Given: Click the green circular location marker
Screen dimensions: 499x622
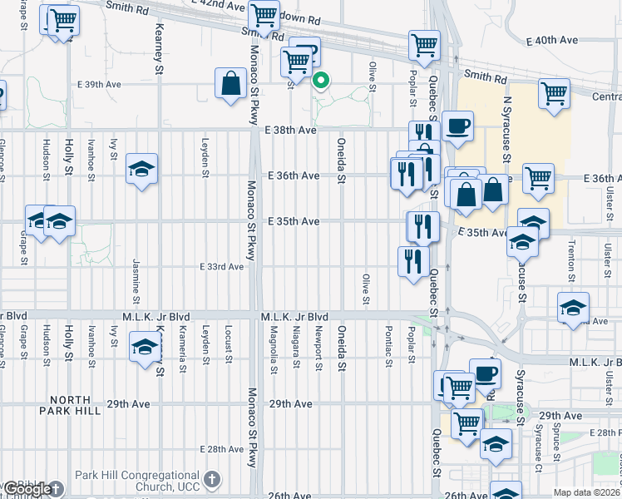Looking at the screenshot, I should coord(321,81).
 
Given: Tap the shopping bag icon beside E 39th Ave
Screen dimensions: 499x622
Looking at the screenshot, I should coord(230,84).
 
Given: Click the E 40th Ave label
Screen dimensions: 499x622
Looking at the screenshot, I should coord(552,40).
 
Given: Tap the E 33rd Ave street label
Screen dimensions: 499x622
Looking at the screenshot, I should coord(220,267).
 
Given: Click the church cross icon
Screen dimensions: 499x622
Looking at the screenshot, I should coord(213,479).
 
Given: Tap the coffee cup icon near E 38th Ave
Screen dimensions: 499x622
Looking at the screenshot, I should coord(457,126).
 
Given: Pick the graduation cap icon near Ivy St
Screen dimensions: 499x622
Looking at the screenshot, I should coord(142,170).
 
